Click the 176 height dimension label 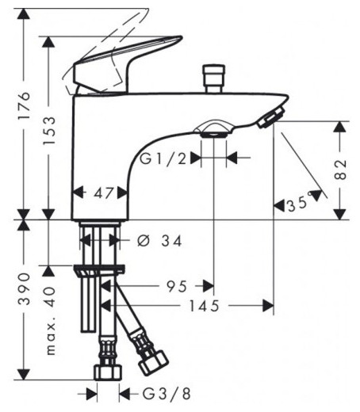click(x=25, y=105)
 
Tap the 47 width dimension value click(x=101, y=192)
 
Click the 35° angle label click(x=297, y=204)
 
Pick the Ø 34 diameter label click(x=159, y=241)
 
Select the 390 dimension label click(x=25, y=289)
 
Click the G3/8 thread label click(x=162, y=392)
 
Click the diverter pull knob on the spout click(x=212, y=78)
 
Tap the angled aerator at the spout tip click(x=270, y=118)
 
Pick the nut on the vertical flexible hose click(x=105, y=371)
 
